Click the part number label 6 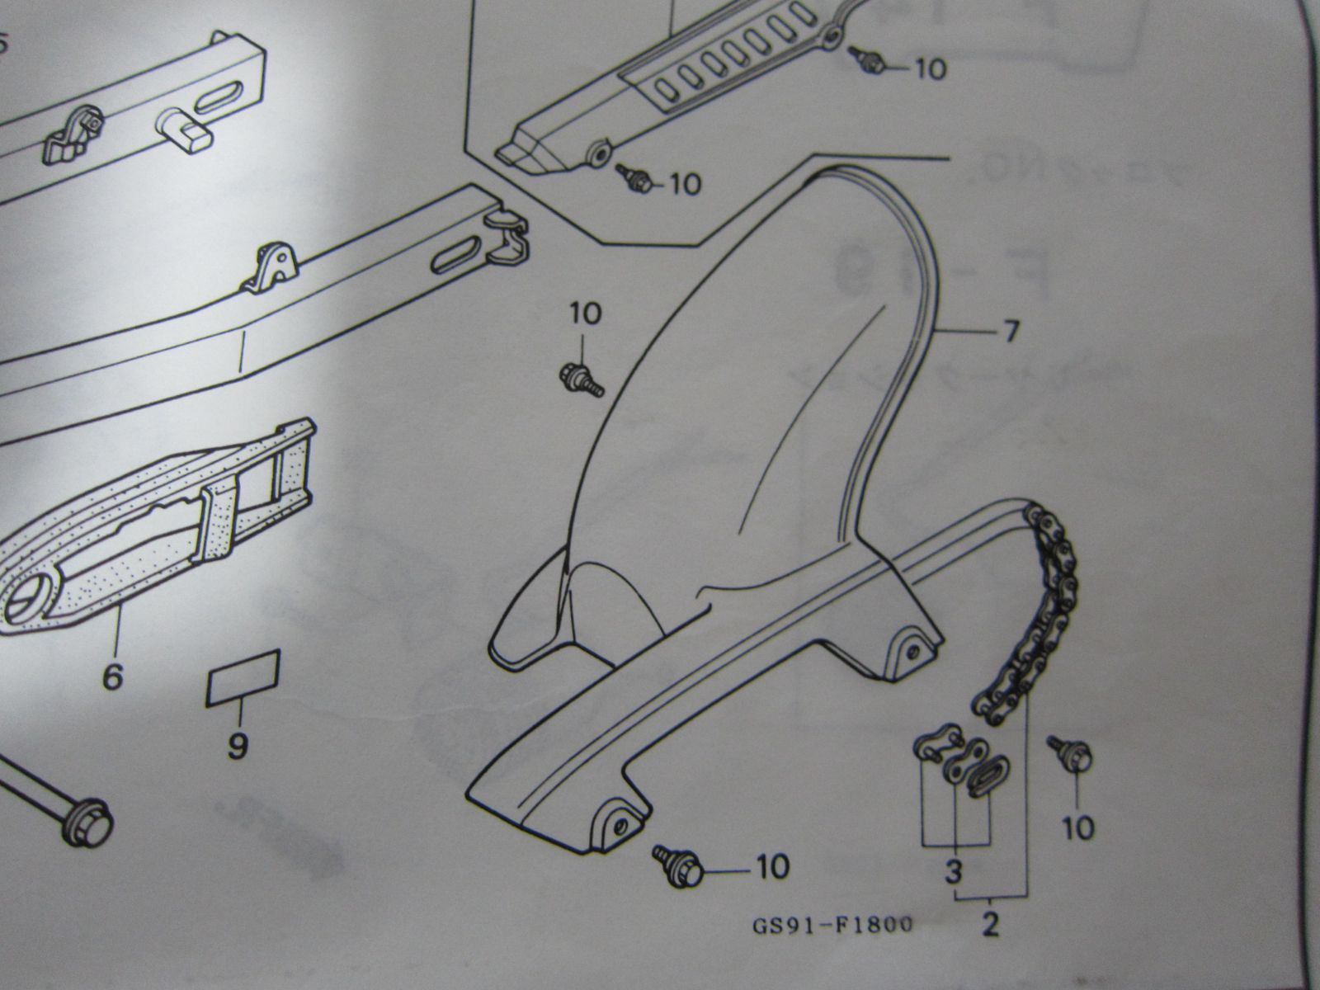[112, 677]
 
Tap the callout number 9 [237, 747]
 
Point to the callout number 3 [955, 870]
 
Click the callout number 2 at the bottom [991, 926]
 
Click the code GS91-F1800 [832, 925]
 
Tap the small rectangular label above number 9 [243, 677]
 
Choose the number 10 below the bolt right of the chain [1077, 827]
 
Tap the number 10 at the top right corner [931, 68]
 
